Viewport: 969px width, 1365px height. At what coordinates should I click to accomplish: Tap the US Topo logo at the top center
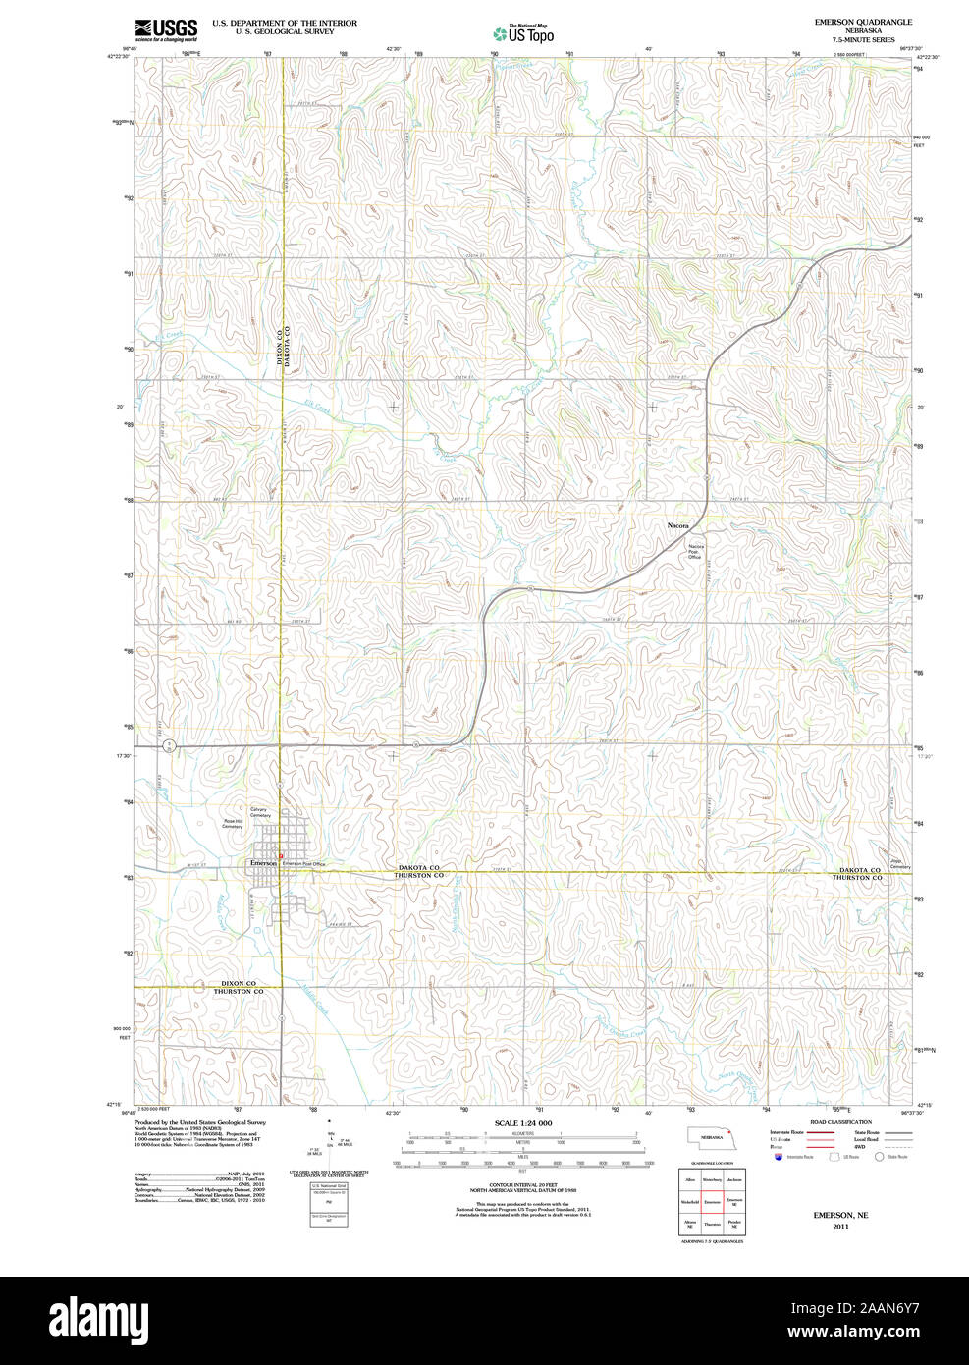(523, 33)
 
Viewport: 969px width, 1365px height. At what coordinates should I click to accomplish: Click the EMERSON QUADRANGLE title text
(862, 22)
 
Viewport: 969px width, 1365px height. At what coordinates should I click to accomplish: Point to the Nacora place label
(678, 526)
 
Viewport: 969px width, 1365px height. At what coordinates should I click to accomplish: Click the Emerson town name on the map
(263, 862)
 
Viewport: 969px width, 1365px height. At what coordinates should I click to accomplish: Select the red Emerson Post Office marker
(281, 856)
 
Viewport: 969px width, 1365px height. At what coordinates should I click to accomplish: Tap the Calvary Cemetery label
(259, 812)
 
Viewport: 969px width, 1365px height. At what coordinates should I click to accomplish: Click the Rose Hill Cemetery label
(232, 824)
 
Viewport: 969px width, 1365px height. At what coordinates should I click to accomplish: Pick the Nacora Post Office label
(695, 551)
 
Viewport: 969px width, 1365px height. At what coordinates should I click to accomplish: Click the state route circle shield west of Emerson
(169, 746)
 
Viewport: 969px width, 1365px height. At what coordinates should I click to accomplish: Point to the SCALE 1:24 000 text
(522, 1123)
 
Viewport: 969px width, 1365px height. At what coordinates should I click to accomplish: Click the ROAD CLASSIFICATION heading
(839, 1121)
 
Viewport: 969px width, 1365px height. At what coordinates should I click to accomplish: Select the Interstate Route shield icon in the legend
(779, 1157)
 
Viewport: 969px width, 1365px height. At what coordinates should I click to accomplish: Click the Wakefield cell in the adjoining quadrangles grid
(690, 1201)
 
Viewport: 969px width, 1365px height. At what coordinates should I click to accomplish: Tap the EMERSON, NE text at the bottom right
(840, 1215)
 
